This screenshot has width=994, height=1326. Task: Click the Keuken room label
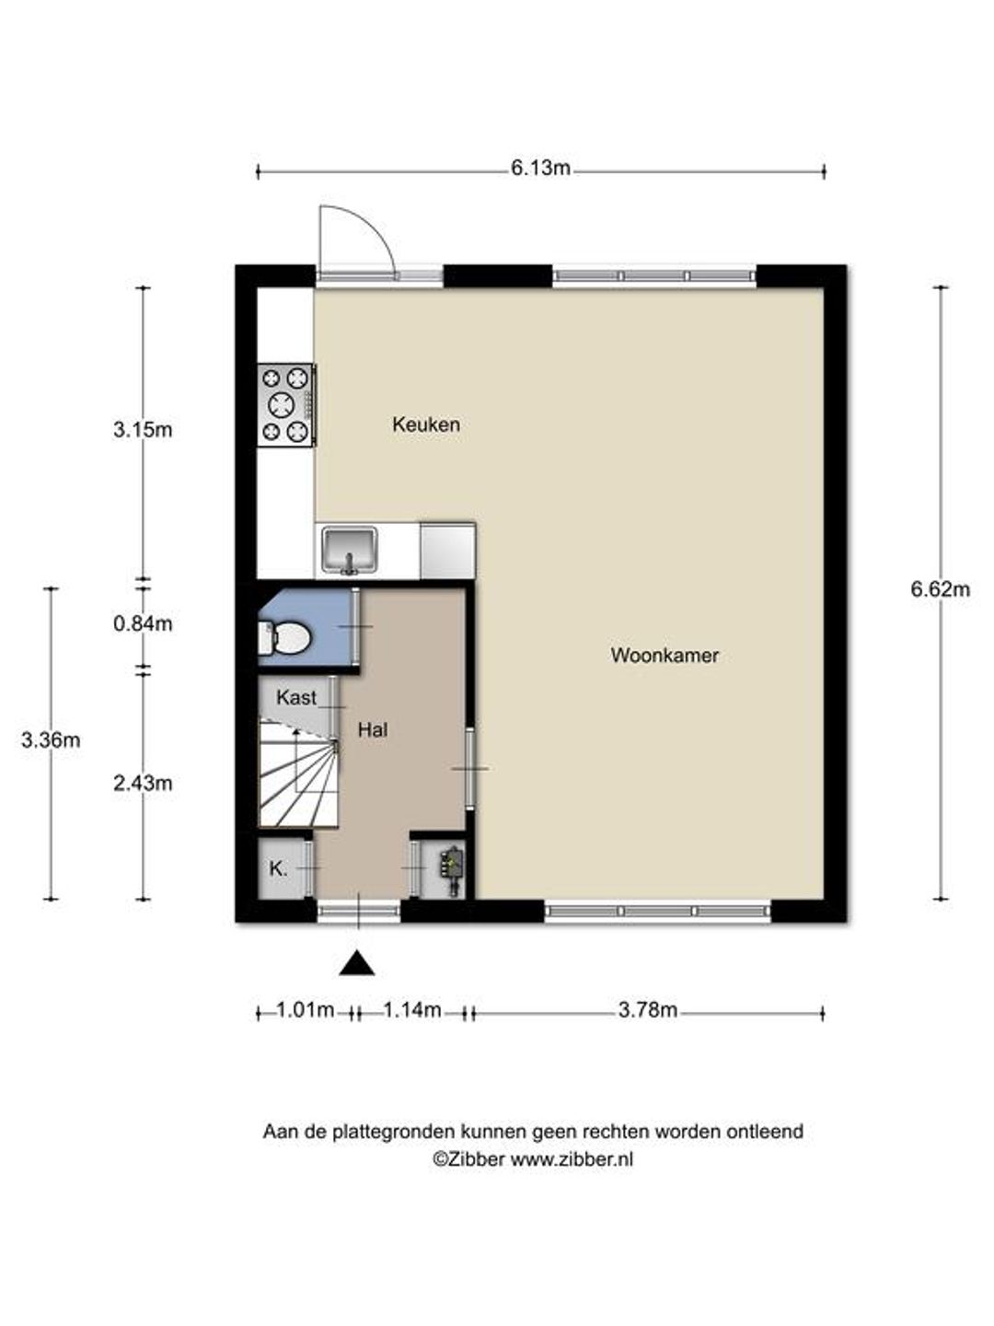tap(426, 425)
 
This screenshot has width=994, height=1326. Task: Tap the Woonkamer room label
tap(665, 656)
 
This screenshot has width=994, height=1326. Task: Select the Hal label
tap(373, 730)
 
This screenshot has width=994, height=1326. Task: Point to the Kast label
tap(296, 698)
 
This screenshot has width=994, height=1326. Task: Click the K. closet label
tap(278, 869)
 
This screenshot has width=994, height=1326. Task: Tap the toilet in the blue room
tap(284, 638)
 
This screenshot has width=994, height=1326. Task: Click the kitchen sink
tap(349, 550)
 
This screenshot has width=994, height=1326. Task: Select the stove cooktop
tap(286, 405)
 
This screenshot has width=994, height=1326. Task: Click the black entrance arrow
tap(357, 963)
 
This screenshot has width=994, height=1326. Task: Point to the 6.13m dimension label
tap(540, 168)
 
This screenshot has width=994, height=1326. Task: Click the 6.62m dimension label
tap(941, 589)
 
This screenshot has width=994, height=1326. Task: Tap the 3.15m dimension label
tap(143, 430)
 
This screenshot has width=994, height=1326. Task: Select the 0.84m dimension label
tap(143, 623)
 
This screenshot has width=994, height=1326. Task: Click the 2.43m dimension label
tap(143, 784)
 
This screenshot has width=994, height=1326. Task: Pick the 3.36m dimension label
tap(51, 740)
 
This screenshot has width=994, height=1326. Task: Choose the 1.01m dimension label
tap(306, 1009)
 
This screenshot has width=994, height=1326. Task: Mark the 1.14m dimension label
tap(412, 1009)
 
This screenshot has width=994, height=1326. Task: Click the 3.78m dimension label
tap(648, 1009)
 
